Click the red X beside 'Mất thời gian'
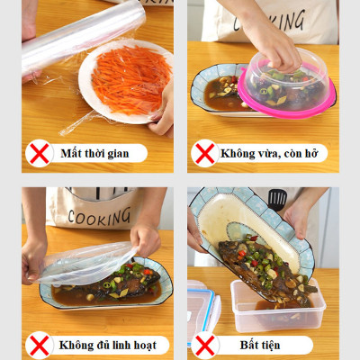click(39, 152)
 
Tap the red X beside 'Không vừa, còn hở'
click(205, 152)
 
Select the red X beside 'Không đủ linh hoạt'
click(39, 345)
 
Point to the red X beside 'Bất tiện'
click(205, 345)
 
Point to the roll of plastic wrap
click(81, 36)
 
